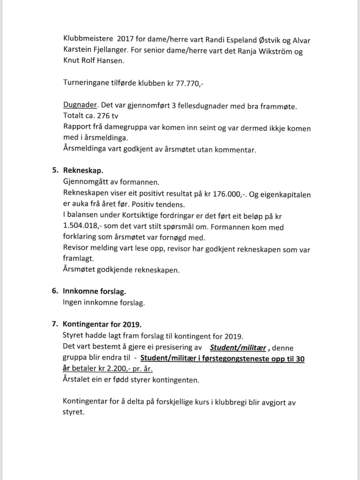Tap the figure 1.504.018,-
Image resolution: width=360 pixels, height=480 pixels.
[81, 227]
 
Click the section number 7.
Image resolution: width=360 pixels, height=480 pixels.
[54, 324]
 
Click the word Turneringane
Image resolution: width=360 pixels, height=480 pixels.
[87, 83]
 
